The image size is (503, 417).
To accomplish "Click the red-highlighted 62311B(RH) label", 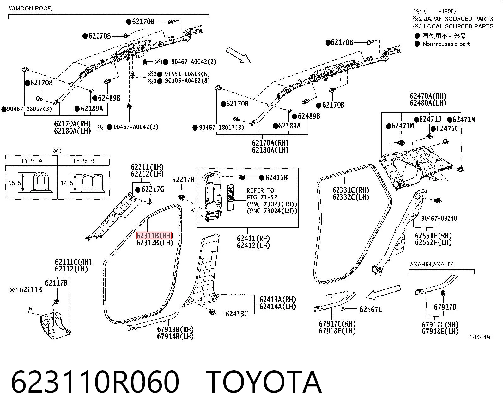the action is (154, 235).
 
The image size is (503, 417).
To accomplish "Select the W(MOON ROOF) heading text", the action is (31, 9).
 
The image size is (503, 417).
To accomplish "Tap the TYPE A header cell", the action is (32, 161).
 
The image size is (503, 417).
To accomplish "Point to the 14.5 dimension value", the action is (67, 183).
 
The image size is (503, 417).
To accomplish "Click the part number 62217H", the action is (183, 179).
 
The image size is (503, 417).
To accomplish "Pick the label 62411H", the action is (276, 178).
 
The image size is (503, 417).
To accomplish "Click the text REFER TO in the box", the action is (260, 190).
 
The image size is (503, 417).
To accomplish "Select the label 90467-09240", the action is (439, 218).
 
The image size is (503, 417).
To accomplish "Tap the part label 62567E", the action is (371, 309).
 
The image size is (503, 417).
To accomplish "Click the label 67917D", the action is (445, 307).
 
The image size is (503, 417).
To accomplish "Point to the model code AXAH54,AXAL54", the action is (432, 265).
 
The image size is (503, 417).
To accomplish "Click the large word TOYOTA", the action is (264, 383).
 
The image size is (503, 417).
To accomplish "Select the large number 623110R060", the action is (95, 383).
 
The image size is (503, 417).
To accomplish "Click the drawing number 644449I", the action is (480, 337).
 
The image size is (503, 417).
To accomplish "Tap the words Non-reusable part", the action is (446, 44).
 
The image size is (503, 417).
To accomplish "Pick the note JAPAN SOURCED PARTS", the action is (458, 19).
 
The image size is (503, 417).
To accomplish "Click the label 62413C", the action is (237, 314).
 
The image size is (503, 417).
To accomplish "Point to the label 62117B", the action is (56, 283).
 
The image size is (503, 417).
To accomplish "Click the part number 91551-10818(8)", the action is (187, 74).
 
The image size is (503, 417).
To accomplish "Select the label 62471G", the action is (447, 129).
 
